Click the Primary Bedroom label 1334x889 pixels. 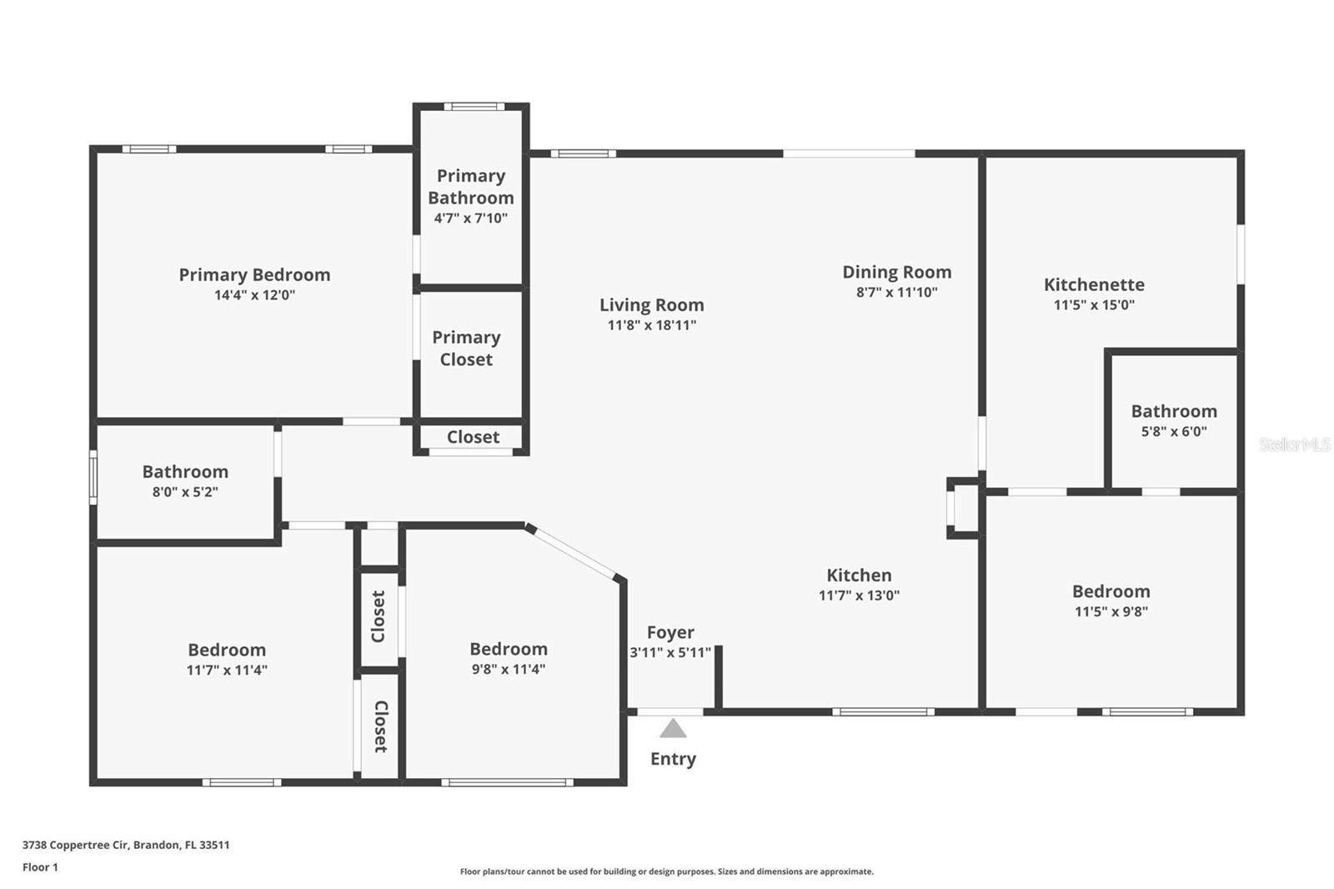tap(254, 274)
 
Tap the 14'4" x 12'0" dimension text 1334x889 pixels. tap(254, 295)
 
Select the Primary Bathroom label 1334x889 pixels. tap(470, 187)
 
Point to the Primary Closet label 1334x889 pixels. tap(466, 348)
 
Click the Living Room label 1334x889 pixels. tap(651, 305)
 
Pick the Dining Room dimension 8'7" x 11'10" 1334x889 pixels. tap(897, 292)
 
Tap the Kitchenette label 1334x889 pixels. tap(1094, 285)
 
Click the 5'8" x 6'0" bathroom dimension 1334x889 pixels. tap(1174, 431)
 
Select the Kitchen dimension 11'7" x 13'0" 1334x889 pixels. tap(859, 595)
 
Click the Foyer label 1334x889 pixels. tap(670, 632)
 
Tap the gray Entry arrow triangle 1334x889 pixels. tap(673, 729)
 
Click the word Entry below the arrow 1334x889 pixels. tap(673, 759)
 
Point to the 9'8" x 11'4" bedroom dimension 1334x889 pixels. tap(509, 669)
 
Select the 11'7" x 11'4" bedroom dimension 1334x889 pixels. tap(227, 670)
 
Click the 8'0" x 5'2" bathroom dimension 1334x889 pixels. tap(185, 491)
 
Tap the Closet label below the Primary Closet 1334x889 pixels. tap(473, 437)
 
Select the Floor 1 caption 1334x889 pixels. tap(41, 867)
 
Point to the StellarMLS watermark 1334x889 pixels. tap(1295, 444)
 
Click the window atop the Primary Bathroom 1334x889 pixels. tap(474, 107)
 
